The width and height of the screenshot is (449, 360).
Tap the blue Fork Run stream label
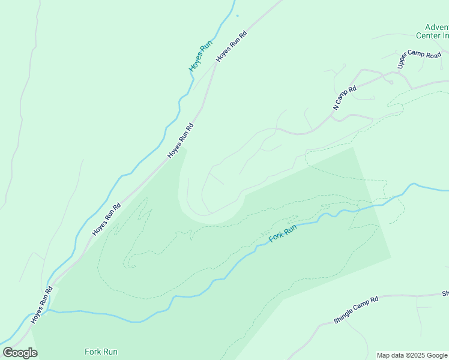[x=283, y=233]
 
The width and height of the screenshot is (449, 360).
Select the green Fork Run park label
[x=101, y=352]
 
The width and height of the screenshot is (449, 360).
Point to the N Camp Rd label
[x=345, y=98]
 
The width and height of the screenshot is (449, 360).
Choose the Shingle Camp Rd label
[x=356, y=310]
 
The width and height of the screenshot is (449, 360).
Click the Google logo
[x=20, y=353]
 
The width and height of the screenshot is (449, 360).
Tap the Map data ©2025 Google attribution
[x=412, y=355]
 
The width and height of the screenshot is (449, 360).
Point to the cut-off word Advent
[x=436, y=27]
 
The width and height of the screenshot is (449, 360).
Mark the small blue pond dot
[x=237, y=16]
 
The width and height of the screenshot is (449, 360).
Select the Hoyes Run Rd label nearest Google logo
[x=42, y=305]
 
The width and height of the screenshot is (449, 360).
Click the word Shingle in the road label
[x=343, y=316]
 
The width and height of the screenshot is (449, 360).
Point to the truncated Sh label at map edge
[x=445, y=293]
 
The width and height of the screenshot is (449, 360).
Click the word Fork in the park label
[x=92, y=352]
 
